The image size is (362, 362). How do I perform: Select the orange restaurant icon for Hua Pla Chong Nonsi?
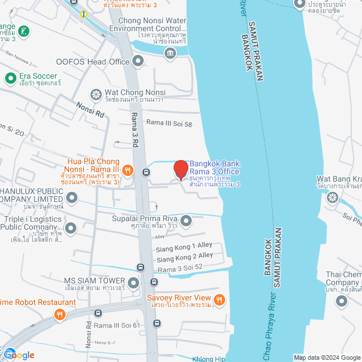pyautogui.click(x=128, y=169)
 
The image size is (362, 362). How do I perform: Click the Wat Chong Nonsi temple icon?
pyautogui.click(x=96, y=93)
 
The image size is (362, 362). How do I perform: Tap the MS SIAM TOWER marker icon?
pyautogui.click(x=133, y=282)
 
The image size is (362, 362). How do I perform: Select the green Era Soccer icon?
pyautogui.click(x=10, y=77)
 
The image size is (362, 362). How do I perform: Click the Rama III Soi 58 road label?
pyautogui.click(x=170, y=123)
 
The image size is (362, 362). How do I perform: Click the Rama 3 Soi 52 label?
pyautogui.click(x=180, y=267)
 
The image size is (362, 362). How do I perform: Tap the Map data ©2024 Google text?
pyautogui.click(x=326, y=357)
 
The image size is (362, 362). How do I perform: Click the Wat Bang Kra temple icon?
pyautogui.click(x=333, y=197)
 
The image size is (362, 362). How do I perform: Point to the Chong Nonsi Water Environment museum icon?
pyautogui.click(x=170, y=53)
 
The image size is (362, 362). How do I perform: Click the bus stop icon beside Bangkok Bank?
pyautogui.click(x=146, y=172)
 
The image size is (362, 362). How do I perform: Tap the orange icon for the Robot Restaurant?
pyautogui.click(x=58, y=316)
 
